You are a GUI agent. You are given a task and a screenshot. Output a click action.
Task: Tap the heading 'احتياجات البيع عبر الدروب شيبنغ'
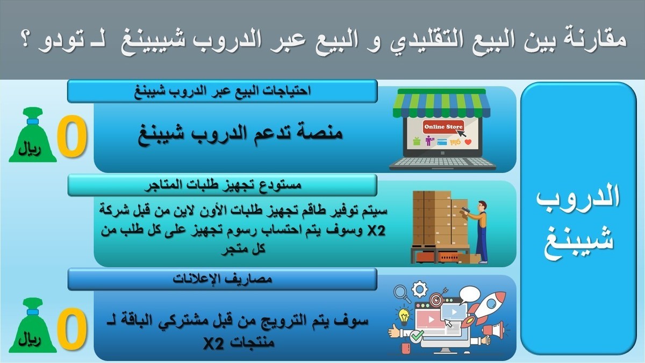(222, 91)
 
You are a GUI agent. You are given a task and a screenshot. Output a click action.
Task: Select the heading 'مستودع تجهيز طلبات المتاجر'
(222, 186)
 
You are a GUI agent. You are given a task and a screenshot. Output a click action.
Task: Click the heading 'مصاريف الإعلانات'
(222, 279)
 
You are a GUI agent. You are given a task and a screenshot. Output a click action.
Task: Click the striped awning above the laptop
(442, 103)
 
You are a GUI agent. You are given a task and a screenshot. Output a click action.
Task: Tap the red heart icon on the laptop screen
(468, 143)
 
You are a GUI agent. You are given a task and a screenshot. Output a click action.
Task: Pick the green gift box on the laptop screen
(416, 142)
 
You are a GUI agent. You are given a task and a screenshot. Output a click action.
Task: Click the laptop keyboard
(442, 162)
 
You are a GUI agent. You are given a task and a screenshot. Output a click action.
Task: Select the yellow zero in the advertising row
(71, 330)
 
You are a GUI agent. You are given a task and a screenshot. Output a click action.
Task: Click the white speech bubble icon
(469, 295)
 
